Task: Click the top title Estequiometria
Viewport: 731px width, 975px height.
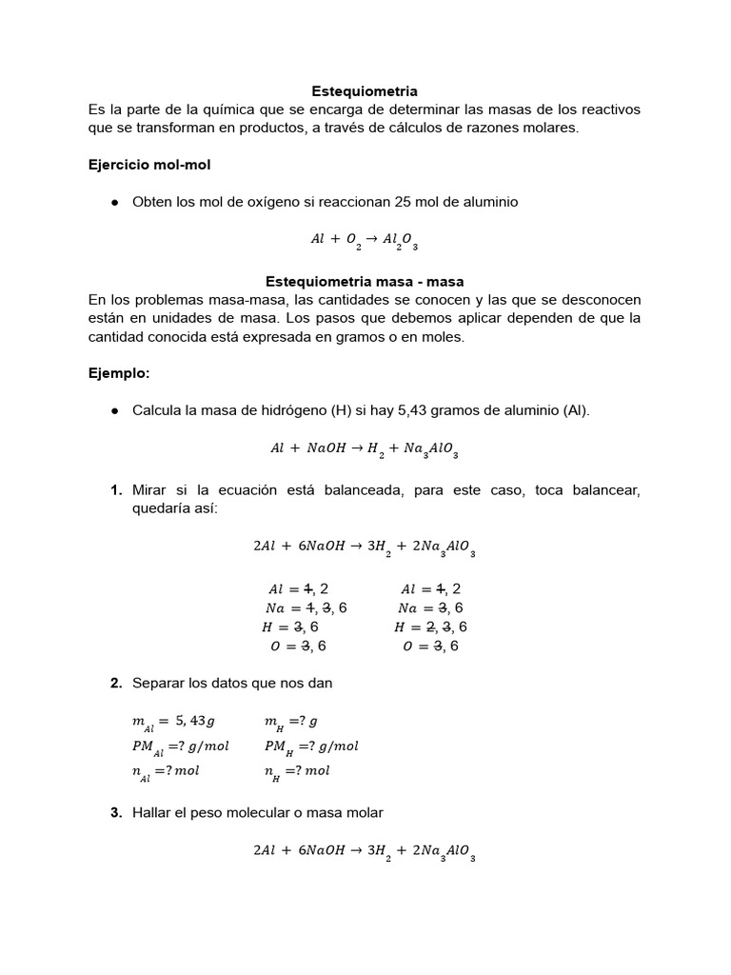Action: coord(365,91)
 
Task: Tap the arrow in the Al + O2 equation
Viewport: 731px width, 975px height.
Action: coord(370,240)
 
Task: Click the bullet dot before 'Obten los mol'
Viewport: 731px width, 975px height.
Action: coord(114,203)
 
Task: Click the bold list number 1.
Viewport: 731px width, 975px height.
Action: coord(115,489)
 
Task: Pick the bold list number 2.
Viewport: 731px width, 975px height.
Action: coord(115,683)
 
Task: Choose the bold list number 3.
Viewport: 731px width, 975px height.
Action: coord(115,812)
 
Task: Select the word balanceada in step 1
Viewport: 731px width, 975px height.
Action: coord(388,489)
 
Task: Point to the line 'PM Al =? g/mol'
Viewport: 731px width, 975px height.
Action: coord(180,746)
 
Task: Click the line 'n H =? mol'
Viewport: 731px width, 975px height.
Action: coord(297,771)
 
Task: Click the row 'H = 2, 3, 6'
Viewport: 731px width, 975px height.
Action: coord(430,627)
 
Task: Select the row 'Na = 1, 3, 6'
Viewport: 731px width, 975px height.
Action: coord(306,607)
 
